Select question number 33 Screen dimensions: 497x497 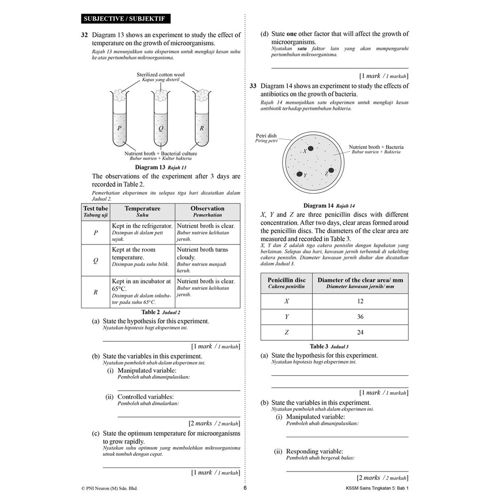click(x=253, y=86)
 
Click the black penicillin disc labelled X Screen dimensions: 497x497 click(x=311, y=149)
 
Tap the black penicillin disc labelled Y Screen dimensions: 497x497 click(x=299, y=174)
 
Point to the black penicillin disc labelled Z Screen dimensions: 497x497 click(x=331, y=170)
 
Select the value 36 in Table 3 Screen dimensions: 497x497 click(x=360, y=316)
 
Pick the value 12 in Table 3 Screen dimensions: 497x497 click(x=360, y=301)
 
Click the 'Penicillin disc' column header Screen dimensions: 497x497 click(x=286, y=283)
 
